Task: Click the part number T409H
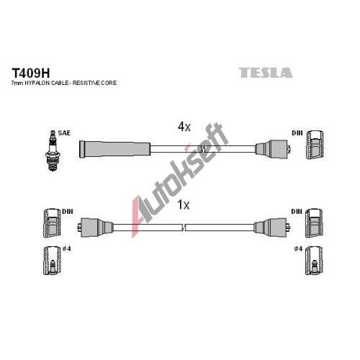tap(31, 73)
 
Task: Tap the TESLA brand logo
tap(266, 73)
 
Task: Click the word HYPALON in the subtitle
tap(39, 83)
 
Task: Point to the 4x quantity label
tap(184, 127)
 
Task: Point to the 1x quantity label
tap(183, 204)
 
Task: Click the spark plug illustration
tap(53, 150)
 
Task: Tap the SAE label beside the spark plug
tap(64, 133)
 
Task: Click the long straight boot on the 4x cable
tap(115, 149)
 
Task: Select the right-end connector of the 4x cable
tap(273, 149)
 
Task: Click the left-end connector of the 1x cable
tap(95, 228)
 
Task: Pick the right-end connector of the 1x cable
tap(272, 228)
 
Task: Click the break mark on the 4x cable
tap(203, 149)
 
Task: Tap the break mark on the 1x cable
tap(184, 228)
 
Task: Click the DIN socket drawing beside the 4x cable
tap(315, 145)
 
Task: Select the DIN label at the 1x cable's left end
tap(68, 212)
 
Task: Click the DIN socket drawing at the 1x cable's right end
tap(314, 223)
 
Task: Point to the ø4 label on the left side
tap(67, 249)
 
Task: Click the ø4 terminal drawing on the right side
tap(314, 261)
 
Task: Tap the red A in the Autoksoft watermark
tap(139, 216)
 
